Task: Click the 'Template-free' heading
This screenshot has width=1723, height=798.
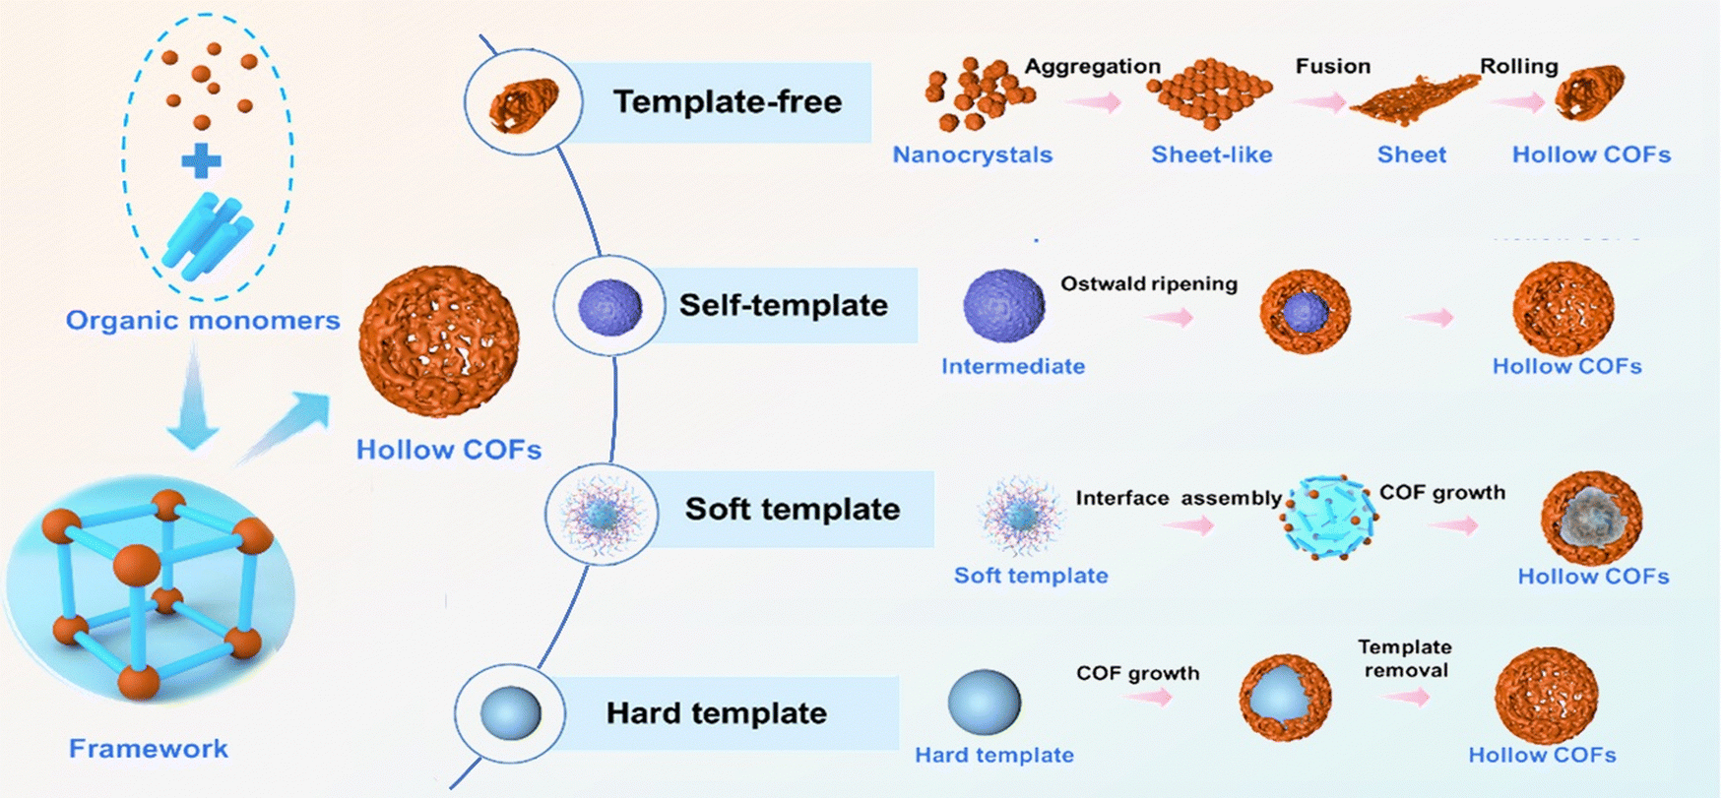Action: point(728,102)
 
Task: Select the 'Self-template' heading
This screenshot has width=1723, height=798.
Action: point(784,305)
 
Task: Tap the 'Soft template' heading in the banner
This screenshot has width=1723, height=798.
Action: point(793,509)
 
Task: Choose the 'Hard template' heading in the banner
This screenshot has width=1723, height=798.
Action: point(717,713)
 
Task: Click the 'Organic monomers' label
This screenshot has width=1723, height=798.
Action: point(203,321)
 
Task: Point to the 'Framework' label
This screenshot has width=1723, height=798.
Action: point(149,749)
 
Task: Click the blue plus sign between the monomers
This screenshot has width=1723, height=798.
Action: point(201,161)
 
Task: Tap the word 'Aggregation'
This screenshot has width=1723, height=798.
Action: point(1093,67)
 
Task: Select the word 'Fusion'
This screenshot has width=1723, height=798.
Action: point(1333,67)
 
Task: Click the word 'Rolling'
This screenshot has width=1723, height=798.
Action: point(1519,67)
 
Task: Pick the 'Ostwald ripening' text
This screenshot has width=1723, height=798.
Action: point(1149,284)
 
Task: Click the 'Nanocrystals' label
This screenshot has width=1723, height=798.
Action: point(973,155)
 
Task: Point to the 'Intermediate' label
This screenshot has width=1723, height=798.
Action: point(1013,367)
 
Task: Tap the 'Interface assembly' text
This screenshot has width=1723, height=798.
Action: point(1179,499)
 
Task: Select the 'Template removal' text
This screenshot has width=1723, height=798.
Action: point(1405,658)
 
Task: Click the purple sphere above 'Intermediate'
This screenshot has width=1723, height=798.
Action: point(1003,306)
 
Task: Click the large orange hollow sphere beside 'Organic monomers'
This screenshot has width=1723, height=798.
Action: point(438,340)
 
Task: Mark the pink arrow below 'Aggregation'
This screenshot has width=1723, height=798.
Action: point(1094,102)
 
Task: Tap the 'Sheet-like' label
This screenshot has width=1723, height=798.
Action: point(1212,155)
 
